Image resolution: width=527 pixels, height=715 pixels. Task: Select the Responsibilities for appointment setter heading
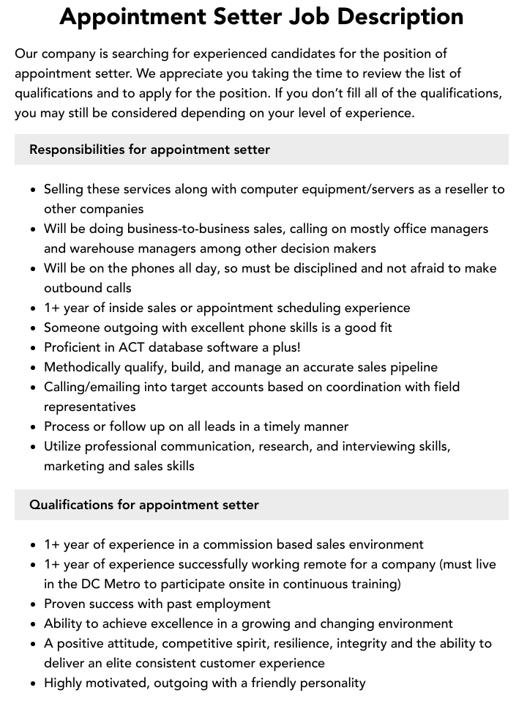point(149,149)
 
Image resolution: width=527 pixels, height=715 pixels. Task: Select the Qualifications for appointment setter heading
point(143,505)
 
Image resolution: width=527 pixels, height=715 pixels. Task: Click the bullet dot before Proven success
point(34,604)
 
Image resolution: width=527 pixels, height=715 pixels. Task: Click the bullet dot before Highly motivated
point(34,683)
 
